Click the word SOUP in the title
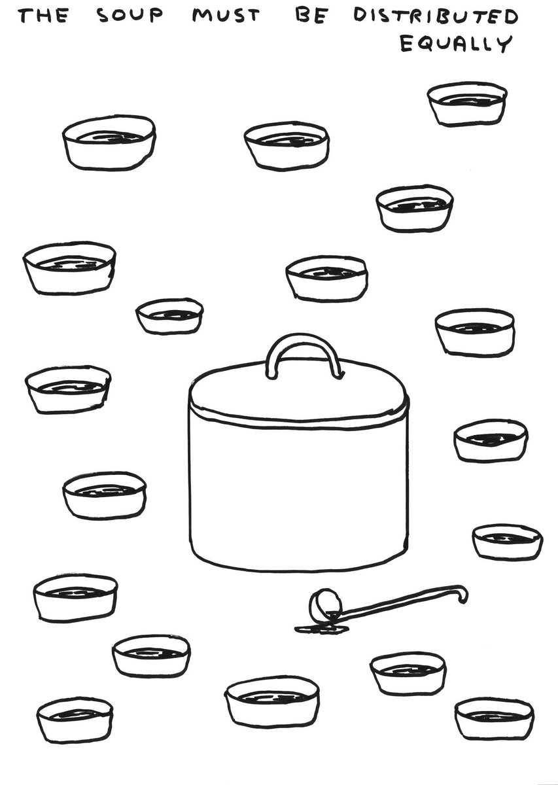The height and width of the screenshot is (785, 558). pos(130,16)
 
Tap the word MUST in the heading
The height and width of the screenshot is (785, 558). pos(226,16)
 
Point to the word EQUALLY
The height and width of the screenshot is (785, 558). pos(457,44)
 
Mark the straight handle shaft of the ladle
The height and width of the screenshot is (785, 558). pos(396,601)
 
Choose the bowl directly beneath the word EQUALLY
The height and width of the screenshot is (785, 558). pos(467,104)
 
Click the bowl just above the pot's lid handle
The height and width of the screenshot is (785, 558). pos(326,278)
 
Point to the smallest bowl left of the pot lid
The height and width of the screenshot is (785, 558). pos(169,316)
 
